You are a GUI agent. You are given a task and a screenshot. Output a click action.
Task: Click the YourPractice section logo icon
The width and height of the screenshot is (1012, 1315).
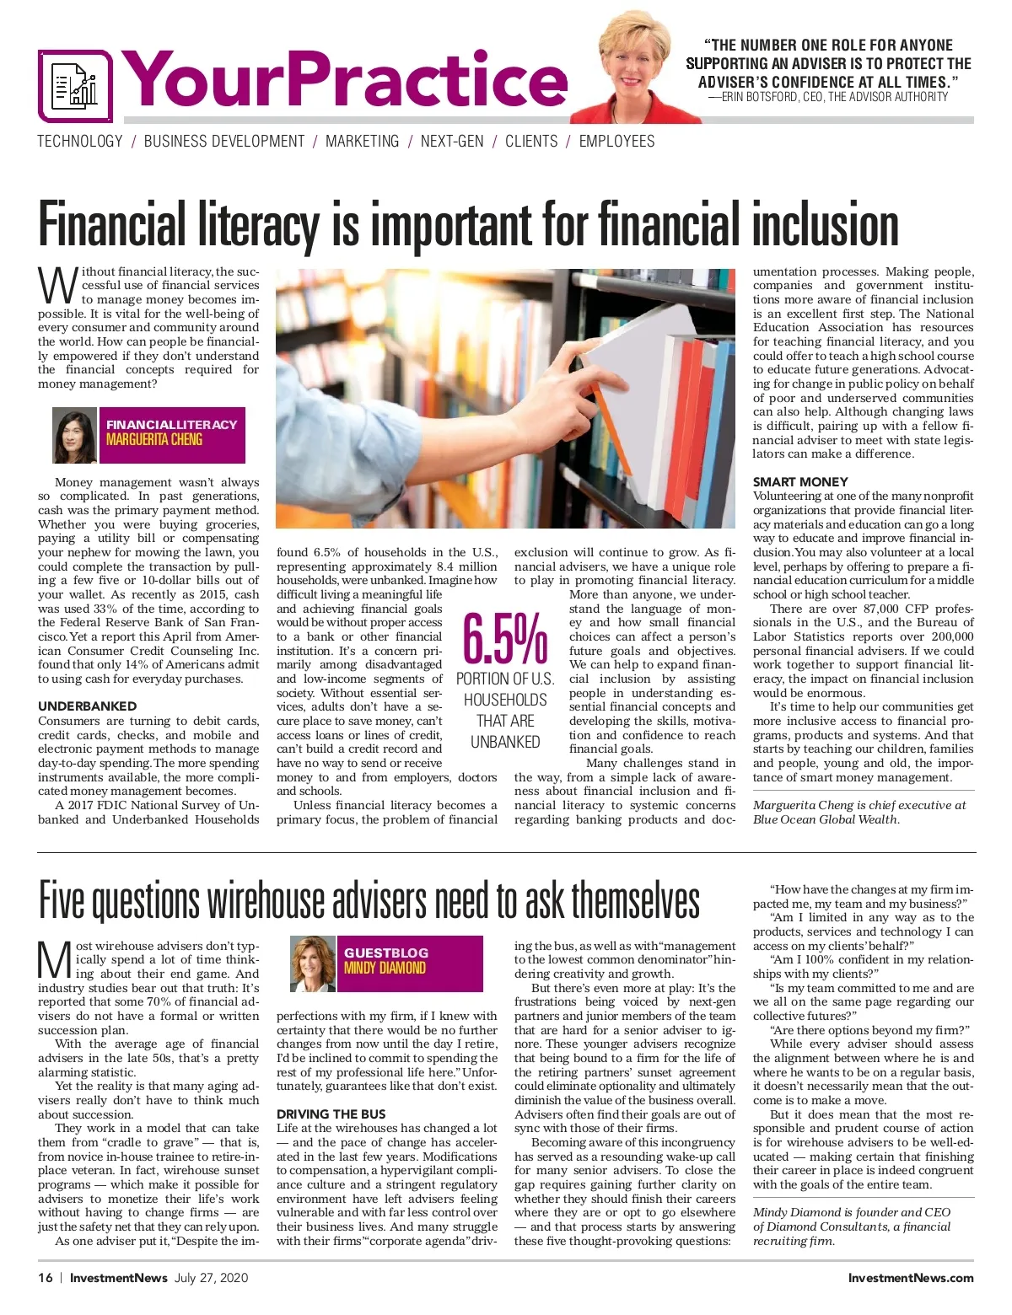[x=74, y=86]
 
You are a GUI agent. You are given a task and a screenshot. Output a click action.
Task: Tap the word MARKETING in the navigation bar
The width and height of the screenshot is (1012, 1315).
[x=362, y=142]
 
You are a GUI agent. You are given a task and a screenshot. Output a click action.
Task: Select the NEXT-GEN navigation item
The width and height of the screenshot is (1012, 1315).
[x=452, y=142]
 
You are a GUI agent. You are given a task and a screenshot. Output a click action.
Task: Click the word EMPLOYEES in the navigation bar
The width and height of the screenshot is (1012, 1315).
[x=616, y=142]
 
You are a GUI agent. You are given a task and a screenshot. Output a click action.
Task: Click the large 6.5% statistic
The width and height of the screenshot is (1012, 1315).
[x=505, y=639]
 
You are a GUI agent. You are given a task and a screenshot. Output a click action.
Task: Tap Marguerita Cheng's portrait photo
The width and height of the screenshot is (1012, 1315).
[x=75, y=436]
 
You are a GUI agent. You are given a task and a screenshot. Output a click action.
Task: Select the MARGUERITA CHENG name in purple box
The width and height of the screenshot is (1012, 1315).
[x=154, y=439]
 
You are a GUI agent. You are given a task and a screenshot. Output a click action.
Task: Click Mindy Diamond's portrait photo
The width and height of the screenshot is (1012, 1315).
[x=313, y=963]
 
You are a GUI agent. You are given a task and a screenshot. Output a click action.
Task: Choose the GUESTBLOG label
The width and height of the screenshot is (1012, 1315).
[x=385, y=953]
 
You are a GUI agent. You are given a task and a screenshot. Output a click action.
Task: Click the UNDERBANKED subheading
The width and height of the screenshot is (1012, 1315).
[x=87, y=706]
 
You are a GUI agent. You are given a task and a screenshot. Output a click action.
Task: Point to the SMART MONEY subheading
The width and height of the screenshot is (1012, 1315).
[x=800, y=482]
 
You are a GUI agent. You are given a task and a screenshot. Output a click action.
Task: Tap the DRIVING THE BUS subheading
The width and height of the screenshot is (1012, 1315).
[x=331, y=1114]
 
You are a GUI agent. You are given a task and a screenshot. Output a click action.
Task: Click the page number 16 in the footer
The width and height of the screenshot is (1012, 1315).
[x=46, y=1277]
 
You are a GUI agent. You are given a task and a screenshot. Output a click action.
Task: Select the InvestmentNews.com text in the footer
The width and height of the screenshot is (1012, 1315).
[x=911, y=1277]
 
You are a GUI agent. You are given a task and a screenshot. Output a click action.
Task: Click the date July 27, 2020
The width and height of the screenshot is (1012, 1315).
[x=212, y=1277]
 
